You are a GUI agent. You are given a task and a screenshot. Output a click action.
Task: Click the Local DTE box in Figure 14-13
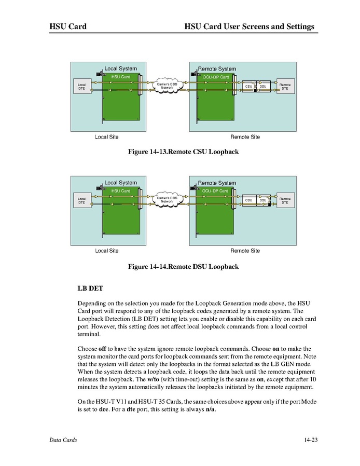(81, 87)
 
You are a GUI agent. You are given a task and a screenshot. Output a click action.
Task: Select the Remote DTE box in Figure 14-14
(285, 200)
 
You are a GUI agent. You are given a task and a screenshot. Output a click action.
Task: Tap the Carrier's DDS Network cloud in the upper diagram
(167, 86)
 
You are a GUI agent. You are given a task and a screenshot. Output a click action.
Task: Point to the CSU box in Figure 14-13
(248, 86)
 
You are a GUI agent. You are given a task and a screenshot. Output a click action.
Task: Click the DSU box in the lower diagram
(262, 200)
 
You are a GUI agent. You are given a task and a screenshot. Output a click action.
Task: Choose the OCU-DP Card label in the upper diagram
(216, 77)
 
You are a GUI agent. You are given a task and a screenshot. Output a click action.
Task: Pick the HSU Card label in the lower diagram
(121, 191)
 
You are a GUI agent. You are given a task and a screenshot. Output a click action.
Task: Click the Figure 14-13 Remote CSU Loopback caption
(183, 152)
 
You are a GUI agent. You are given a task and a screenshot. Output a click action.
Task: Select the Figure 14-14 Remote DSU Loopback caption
(183, 266)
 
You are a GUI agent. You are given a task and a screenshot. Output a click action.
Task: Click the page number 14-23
(311, 440)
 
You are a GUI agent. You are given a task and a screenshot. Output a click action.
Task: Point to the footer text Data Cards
(63, 440)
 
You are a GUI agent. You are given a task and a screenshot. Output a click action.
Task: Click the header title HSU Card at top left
(67, 26)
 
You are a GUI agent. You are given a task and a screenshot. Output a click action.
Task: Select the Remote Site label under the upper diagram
(245, 137)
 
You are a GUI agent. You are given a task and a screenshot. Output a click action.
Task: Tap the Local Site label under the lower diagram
(106, 251)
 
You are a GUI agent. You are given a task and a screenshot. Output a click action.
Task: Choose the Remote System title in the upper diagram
(217, 68)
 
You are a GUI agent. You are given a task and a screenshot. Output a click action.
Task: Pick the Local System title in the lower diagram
(121, 183)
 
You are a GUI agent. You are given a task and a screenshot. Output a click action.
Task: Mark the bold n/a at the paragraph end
(210, 410)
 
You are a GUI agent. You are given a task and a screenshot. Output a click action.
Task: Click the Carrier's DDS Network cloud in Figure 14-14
(167, 200)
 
